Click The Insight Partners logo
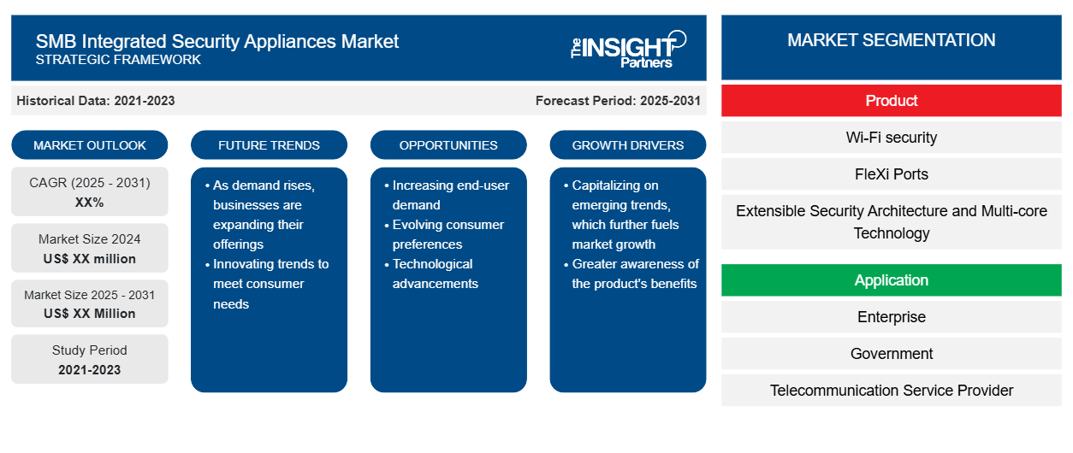(x=628, y=50)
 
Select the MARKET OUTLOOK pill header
(x=90, y=145)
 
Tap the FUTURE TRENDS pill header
(x=269, y=145)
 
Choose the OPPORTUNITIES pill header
(x=448, y=145)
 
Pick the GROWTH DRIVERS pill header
(x=627, y=145)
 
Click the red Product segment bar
(x=891, y=101)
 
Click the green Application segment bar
(x=891, y=279)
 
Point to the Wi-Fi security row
(x=891, y=138)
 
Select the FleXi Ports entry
(x=891, y=174)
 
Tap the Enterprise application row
(x=891, y=316)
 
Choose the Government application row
(x=891, y=354)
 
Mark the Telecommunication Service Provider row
(x=891, y=391)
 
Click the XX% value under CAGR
(x=90, y=203)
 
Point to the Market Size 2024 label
(x=90, y=239)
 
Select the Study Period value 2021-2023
(x=90, y=370)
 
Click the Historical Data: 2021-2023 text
(x=96, y=101)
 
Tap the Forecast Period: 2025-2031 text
(x=618, y=101)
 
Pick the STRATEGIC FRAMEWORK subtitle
(x=118, y=60)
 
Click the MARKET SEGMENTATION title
(x=891, y=40)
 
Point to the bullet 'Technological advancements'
(x=435, y=274)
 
